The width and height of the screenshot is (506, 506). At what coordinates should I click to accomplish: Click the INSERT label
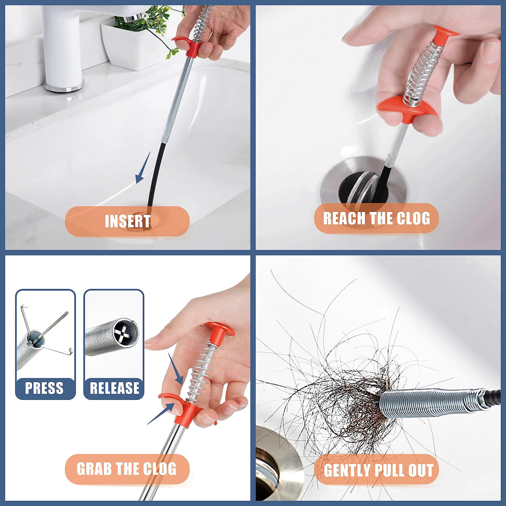point(128,221)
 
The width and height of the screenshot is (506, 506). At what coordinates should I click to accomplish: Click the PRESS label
point(44,388)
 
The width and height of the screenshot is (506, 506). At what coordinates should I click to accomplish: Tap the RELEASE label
point(114,388)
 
